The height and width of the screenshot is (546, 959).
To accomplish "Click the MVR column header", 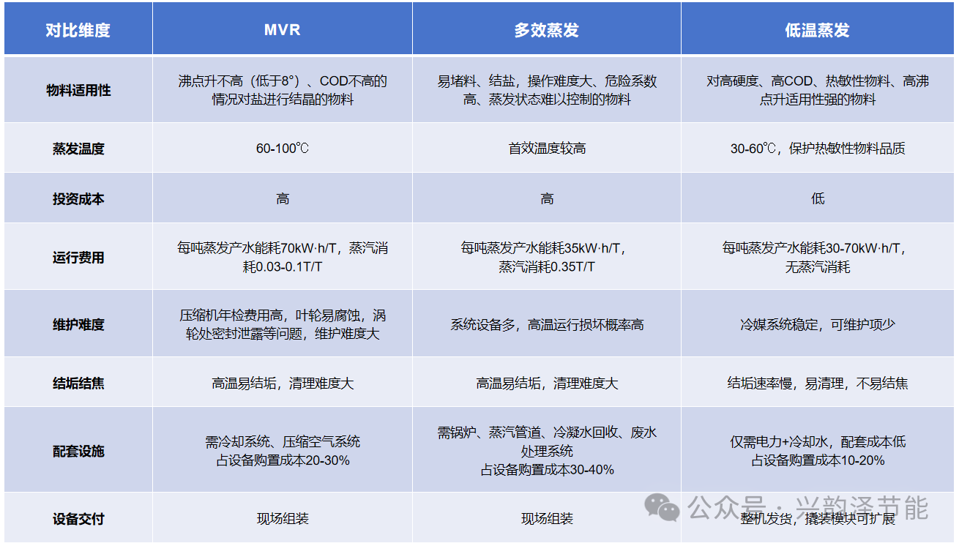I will click(283, 30).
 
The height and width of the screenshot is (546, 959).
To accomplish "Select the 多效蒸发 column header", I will click(546, 30).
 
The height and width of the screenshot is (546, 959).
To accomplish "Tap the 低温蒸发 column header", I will click(817, 30).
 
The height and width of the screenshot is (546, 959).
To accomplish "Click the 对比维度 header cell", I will click(78, 30).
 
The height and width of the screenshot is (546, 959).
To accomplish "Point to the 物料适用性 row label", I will click(78, 90).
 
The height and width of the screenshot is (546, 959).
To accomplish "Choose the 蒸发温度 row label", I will click(78, 149).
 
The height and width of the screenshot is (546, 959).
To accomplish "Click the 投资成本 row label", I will click(78, 198).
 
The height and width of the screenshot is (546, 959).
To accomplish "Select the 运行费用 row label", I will click(78, 257).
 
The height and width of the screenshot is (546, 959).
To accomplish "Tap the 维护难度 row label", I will click(78, 324).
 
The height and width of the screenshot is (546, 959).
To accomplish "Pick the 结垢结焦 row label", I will click(78, 383).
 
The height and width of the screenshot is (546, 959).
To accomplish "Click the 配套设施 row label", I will click(78, 451).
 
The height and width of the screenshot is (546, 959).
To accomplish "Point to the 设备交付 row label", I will click(78, 519).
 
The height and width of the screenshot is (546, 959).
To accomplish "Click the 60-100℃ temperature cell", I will click(283, 149).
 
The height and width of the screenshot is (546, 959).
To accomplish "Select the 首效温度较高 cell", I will click(547, 149).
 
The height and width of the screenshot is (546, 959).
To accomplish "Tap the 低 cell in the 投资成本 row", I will click(818, 198).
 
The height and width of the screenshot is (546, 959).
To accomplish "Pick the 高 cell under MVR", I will click(283, 198).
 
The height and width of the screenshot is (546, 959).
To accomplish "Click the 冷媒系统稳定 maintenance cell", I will click(817, 324).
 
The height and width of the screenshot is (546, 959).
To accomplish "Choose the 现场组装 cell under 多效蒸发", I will click(547, 519).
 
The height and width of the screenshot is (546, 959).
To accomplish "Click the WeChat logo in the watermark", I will click(662, 506).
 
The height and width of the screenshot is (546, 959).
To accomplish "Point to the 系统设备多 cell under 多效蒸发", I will click(547, 324).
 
